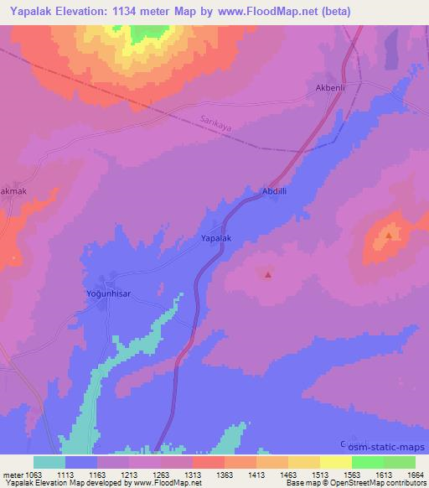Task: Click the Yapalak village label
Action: click(x=215, y=239)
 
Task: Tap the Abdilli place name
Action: click(x=276, y=190)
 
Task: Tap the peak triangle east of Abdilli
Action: click(x=388, y=235)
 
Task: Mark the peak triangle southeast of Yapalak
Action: click(x=267, y=273)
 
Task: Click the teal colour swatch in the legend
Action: click(x=49, y=462)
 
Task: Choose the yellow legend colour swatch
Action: click(x=335, y=462)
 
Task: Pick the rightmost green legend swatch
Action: click(x=399, y=462)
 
